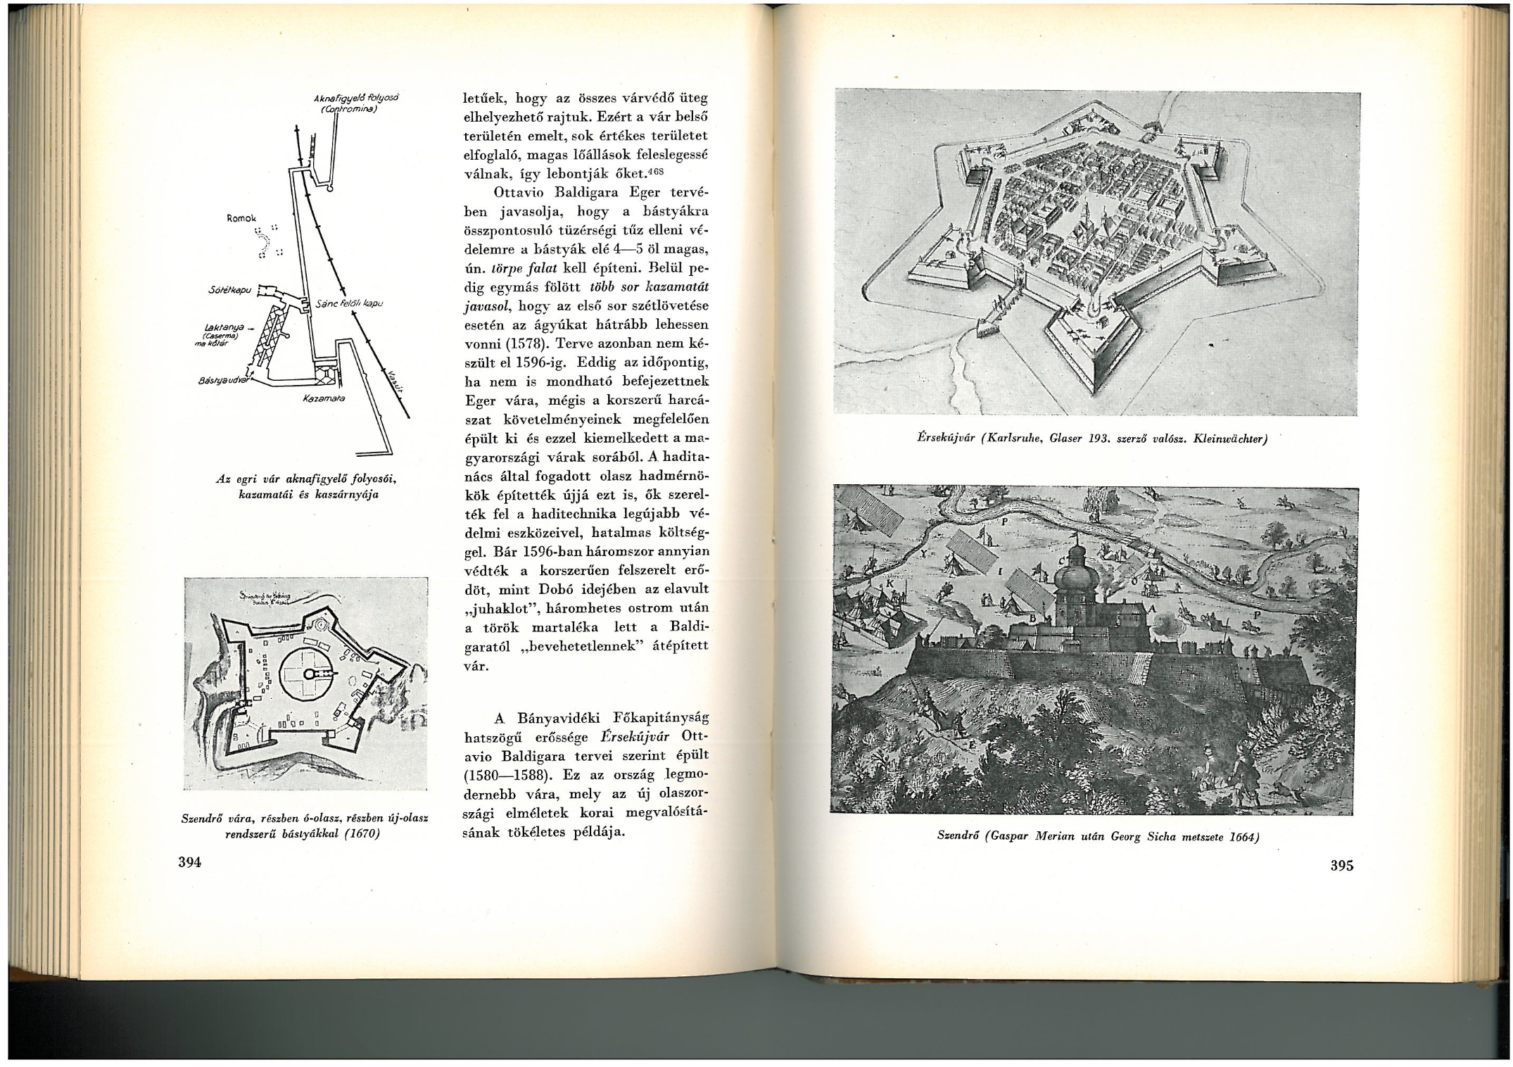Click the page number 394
point(190,862)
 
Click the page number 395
point(1341,866)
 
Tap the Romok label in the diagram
point(242,218)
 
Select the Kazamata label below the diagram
point(322,399)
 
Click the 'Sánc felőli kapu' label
point(349,304)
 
